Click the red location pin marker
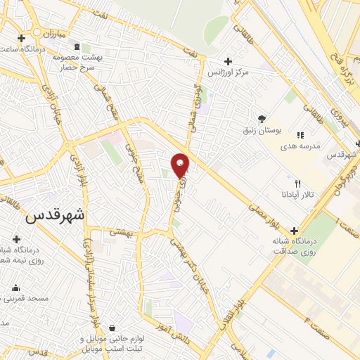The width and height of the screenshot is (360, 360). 181,165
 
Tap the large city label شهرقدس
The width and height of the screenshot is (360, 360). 54,217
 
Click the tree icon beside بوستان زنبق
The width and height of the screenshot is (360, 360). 262,118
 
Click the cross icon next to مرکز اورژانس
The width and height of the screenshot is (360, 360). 227,60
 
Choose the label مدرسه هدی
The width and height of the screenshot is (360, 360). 300,146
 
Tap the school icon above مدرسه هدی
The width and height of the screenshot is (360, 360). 300,135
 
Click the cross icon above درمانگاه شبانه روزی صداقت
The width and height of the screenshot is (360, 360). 293,230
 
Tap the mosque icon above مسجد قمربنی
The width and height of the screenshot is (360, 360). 15,288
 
